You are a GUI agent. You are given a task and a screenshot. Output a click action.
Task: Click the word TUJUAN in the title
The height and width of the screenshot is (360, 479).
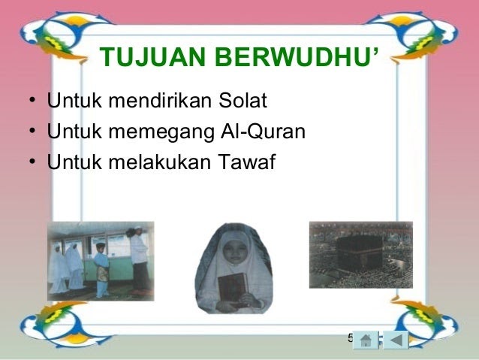152,57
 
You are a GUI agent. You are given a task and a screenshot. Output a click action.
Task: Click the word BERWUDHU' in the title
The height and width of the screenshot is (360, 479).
297,56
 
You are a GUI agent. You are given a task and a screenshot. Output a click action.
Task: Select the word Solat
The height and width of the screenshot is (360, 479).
243,100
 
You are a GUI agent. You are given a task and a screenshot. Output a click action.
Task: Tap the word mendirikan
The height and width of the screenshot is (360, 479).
160,100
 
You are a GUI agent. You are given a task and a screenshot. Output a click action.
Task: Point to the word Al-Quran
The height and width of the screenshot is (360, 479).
263,132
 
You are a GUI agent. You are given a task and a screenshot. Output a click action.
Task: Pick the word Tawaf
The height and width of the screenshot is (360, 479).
246,162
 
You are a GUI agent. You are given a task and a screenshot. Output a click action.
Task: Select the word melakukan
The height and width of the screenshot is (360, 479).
160,162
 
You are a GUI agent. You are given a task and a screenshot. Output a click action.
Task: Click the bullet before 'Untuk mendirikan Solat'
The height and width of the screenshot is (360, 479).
32,100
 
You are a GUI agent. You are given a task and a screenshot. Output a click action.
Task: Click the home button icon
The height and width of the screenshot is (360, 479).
366,340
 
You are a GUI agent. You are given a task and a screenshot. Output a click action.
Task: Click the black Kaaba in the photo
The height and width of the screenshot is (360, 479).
359,253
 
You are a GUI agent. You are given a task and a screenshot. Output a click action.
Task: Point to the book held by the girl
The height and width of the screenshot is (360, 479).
232,289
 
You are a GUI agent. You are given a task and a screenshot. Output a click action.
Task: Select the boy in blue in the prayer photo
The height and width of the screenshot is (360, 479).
101,270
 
